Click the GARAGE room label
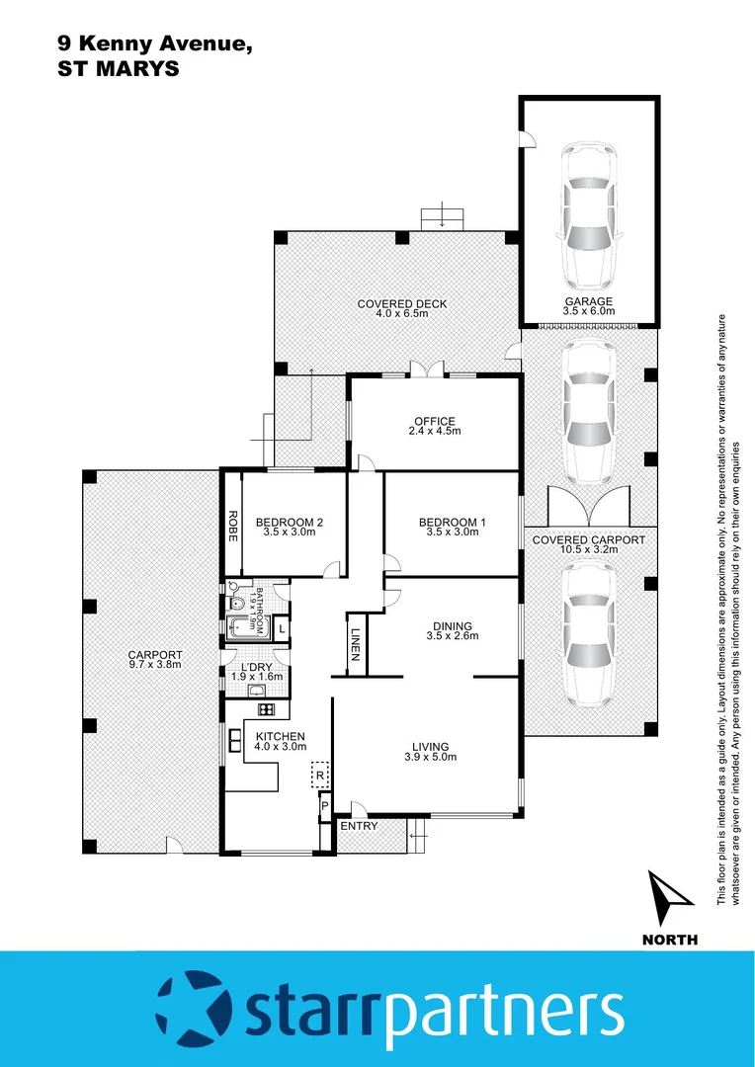pos(589,301)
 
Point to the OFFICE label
pos(434,423)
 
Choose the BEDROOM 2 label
pos(290,523)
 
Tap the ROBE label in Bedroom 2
pos(233,524)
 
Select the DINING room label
pos(452,625)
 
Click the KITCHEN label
pos(281,737)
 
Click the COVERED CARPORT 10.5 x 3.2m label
pos(588,540)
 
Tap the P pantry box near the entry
pos(324,807)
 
